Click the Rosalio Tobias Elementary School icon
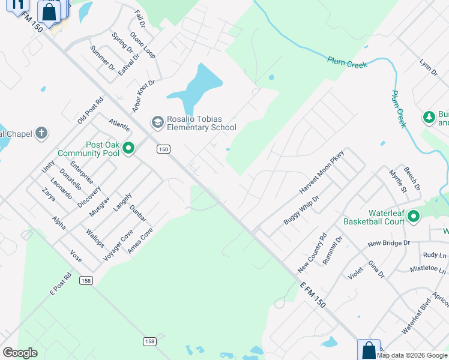click(157, 123)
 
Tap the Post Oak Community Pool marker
click(128, 148)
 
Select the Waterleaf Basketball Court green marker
click(414, 217)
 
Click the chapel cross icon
click(41, 133)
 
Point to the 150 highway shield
click(162, 148)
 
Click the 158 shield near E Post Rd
click(86, 280)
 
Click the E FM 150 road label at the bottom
click(312, 293)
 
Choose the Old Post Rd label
click(91, 110)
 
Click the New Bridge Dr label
click(388, 243)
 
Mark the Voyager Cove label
click(118, 245)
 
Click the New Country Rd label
click(312, 252)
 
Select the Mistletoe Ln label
click(428, 269)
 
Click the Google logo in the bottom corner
click(20, 352)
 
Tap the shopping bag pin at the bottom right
click(369, 350)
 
